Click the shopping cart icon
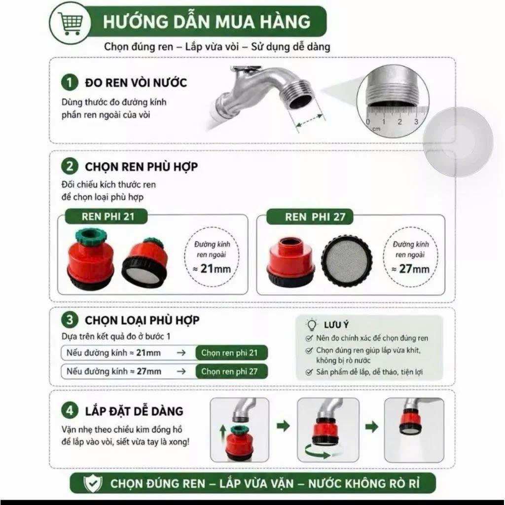tap(70, 23)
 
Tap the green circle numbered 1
tap(70, 82)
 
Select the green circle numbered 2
tap(70, 167)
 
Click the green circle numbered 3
tap(70, 320)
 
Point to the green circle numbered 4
tap(70, 411)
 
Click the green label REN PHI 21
tap(107, 216)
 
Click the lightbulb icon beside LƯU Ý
tap(311, 325)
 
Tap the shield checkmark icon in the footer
tap(93, 483)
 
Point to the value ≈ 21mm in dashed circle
tap(212, 269)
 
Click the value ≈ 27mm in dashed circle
tap(411, 269)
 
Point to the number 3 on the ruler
tap(416, 122)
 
